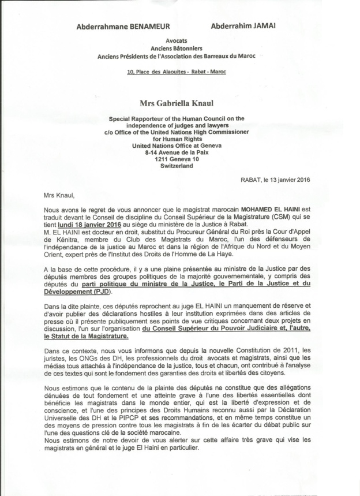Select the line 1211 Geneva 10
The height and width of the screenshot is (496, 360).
click(x=177, y=159)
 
